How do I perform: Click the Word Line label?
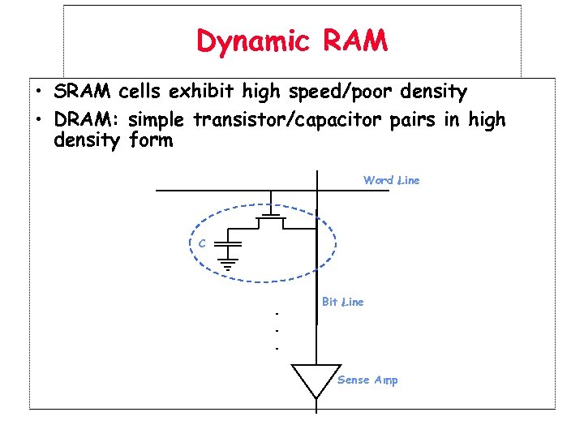(391, 180)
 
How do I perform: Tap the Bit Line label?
(342, 302)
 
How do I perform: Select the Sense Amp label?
(367, 380)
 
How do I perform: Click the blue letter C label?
(201, 243)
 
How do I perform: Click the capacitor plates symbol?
(230, 243)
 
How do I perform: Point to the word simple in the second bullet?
(157, 120)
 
